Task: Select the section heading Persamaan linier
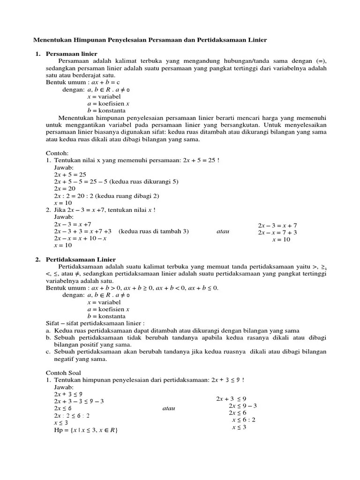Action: [72, 54]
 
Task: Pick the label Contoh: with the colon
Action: [57, 153]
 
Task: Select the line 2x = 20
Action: [65, 189]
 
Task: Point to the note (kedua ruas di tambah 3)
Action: [153, 231]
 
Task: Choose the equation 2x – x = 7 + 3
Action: [277, 232]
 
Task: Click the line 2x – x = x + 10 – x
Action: [80, 238]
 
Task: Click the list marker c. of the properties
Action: [48, 352]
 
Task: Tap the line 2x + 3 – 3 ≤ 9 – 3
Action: [79, 401]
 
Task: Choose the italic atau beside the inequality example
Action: [168, 408]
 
